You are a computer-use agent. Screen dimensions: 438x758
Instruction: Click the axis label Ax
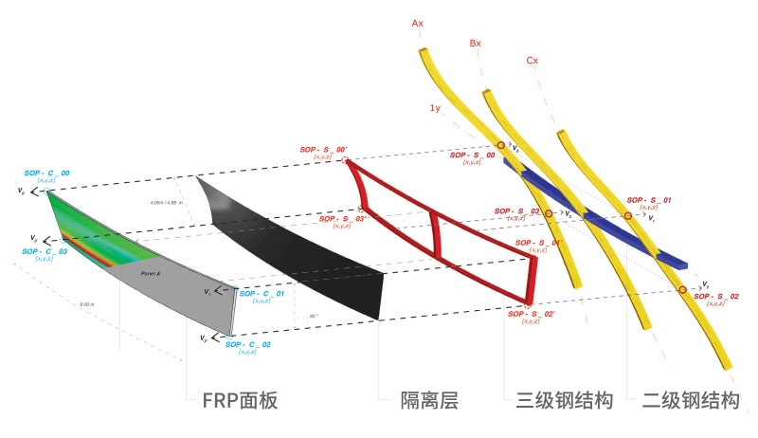pyautogui.click(x=417, y=22)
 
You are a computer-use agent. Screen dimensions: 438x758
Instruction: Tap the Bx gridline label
pyautogui.click(x=476, y=44)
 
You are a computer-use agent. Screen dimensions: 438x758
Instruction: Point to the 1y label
pyautogui.click(x=434, y=109)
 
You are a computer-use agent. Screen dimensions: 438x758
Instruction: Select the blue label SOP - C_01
pyautogui.click(x=262, y=294)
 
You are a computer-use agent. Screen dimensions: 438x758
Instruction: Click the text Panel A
pyautogui.click(x=150, y=273)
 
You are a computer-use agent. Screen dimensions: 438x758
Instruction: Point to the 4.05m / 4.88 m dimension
pyautogui.click(x=166, y=203)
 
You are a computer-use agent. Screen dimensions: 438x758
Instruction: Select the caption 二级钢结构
pyautogui.click(x=690, y=401)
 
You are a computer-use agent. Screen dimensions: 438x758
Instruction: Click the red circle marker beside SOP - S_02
pyautogui.click(x=681, y=288)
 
